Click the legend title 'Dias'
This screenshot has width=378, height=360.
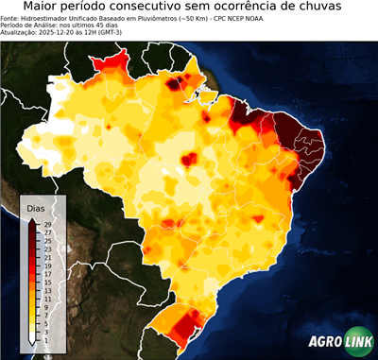[x=36, y=207]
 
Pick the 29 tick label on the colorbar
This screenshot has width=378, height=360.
[x=46, y=224]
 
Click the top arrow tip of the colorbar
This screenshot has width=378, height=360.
[x=32, y=218]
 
